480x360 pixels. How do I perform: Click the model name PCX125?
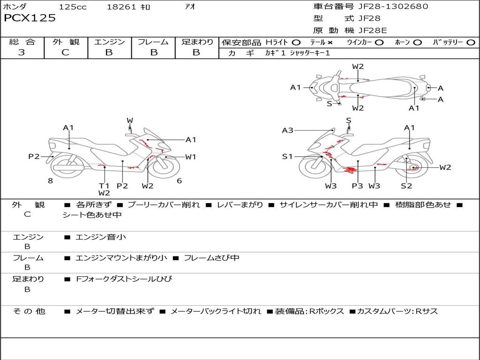tap(30, 18)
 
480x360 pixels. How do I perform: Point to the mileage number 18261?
tap(121, 7)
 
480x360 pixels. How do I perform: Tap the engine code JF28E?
tap(372, 30)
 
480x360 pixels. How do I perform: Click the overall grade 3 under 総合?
tap(22, 52)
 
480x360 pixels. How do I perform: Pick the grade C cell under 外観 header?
tap(66, 52)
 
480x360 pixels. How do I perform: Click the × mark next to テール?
tap(330, 42)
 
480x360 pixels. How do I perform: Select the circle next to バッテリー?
tap(470, 42)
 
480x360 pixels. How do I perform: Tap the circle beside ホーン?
tap(417, 42)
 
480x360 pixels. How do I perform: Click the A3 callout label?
tap(288, 130)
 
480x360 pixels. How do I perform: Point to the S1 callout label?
tap(287, 157)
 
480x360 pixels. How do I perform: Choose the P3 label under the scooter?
tap(357, 186)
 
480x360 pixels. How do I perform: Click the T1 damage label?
tap(104, 186)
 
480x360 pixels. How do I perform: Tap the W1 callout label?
tap(190, 157)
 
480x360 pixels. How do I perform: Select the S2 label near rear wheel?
tap(406, 186)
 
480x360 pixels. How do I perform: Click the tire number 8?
tap(50, 180)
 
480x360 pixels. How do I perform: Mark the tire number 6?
tap(179, 180)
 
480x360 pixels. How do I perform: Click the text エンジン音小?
tap(101, 237)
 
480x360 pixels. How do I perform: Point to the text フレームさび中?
tap(211, 258)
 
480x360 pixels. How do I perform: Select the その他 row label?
tap(29, 311)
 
